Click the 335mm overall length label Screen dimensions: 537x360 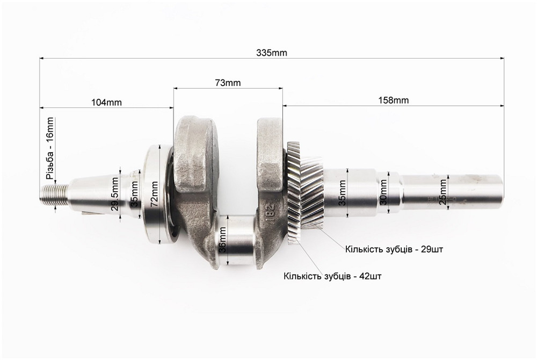tap(272, 53)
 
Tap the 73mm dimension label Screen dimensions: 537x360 tap(228, 83)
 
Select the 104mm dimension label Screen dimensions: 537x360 tap(106, 102)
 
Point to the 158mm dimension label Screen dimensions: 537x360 tap(394, 100)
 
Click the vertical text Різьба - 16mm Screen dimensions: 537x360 tap(50, 148)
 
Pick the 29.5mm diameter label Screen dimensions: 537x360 tap(115, 194)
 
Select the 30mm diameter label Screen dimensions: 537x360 tap(383, 192)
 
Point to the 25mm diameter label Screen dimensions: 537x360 tap(443, 192)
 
